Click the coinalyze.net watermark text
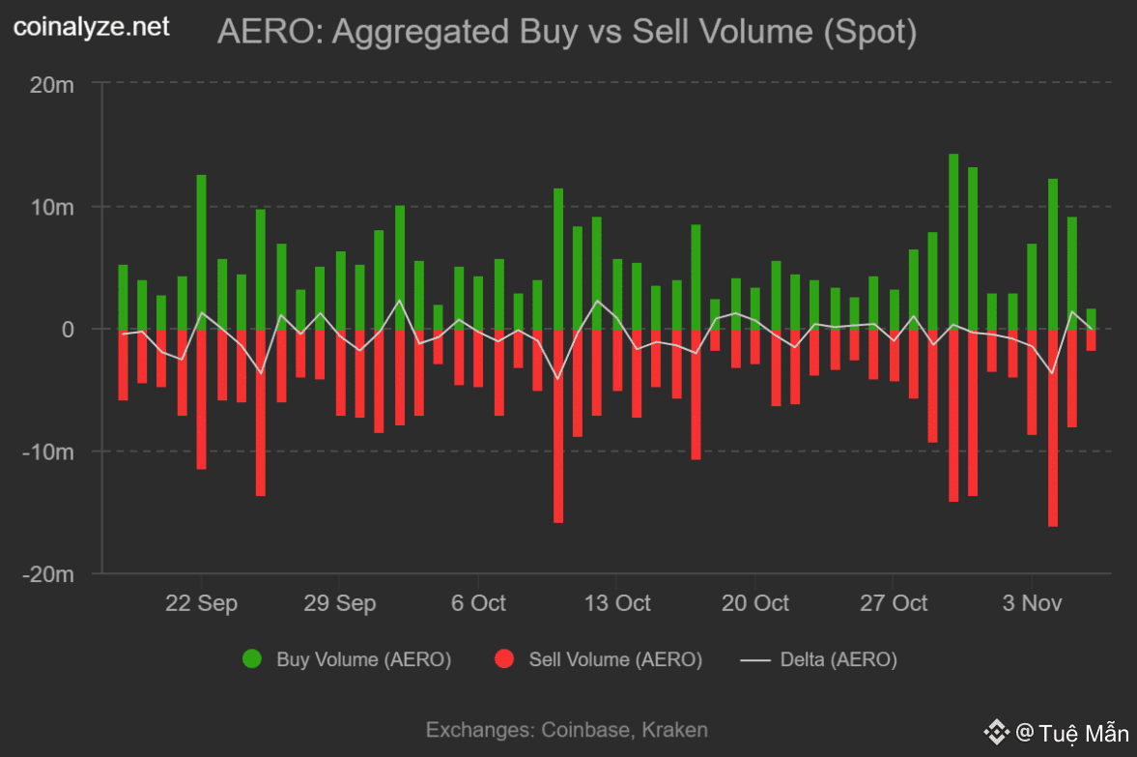coord(92,27)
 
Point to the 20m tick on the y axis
coord(51,85)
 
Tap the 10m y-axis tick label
coord(51,207)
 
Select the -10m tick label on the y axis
coord(48,451)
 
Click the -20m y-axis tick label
coord(48,574)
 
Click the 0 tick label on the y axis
coord(67,330)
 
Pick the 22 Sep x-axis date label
coord(201,603)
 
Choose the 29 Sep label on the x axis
coord(339,603)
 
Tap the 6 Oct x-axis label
coord(477,603)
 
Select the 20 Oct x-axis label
coord(754,603)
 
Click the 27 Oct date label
coord(893,603)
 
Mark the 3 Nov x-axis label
coord(1032,603)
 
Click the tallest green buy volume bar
coord(953,242)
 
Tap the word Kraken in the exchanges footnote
coord(674,730)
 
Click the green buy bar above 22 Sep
coord(201,251)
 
